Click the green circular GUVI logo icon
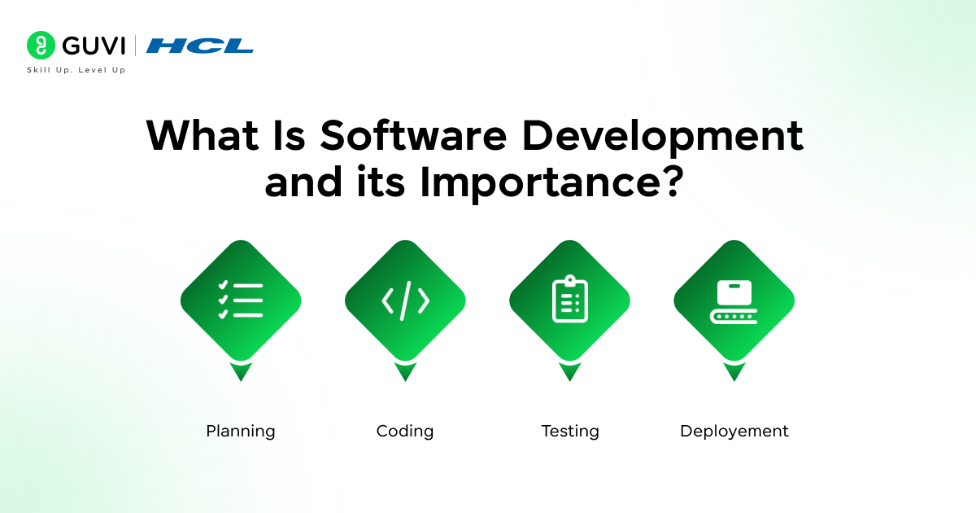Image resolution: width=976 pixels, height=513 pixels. point(41,45)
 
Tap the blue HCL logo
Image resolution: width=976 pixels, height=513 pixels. point(199,46)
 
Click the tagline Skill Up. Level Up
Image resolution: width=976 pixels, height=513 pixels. point(76,70)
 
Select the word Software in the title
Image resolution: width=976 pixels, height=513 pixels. point(413,135)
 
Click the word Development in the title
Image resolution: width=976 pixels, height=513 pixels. point(662,138)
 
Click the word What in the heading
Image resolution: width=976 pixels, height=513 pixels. point(203,135)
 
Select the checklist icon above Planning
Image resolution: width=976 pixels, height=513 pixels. point(241,300)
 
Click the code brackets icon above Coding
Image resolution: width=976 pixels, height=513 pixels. point(405,300)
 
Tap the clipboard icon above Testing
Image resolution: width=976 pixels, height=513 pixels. point(570,299)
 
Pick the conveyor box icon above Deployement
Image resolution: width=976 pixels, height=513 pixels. point(734,301)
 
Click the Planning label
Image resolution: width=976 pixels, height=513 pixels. point(241,432)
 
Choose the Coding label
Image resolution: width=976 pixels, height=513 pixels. point(405,432)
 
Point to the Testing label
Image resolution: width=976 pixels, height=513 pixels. point(570,432)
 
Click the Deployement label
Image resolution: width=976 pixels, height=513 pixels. point(734,432)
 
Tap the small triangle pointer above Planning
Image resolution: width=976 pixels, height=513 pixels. point(241,371)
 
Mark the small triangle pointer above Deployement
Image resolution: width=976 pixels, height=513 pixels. point(734,371)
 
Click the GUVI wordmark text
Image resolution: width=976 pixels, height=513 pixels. point(94,46)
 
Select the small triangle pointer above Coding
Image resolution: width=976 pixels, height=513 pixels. point(405,371)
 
